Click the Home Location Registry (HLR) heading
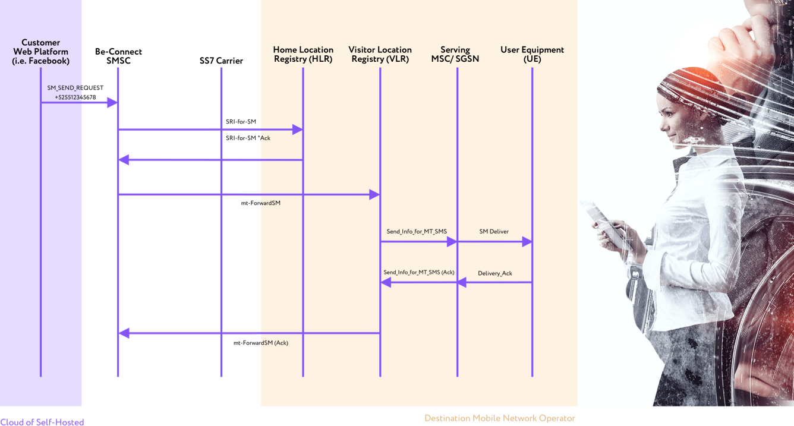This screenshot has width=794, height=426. pyautogui.click(x=303, y=54)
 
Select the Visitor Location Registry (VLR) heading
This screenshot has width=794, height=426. pyautogui.click(x=380, y=54)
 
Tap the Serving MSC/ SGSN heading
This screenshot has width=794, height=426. pyautogui.click(x=455, y=54)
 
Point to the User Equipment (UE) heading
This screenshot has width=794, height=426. pyautogui.click(x=532, y=54)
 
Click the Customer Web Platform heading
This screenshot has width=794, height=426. pyautogui.click(x=40, y=52)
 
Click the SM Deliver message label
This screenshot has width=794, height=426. pyautogui.click(x=494, y=231)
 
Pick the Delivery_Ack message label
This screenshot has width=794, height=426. pyautogui.click(x=494, y=273)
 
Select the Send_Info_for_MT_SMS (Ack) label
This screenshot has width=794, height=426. pyautogui.click(x=418, y=272)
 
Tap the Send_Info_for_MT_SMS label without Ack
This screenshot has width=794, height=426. pyautogui.click(x=417, y=231)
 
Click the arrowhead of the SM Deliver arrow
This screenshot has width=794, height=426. pyautogui.click(x=527, y=242)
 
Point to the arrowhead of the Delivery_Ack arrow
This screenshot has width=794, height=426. pyautogui.click(x=462, y=283)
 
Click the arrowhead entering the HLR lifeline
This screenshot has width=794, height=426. pyautogui.click(x=298, y=130)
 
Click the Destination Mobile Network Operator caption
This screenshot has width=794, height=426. pyautogui.click(x=499, y=418)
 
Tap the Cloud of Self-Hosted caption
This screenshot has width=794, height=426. pyautogui.click(x=42, y=422)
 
